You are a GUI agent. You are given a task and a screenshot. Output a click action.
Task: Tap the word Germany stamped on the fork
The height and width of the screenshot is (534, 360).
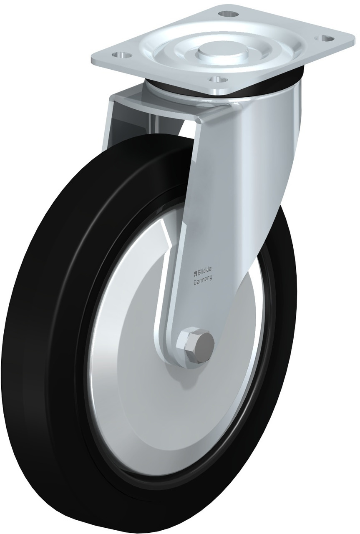tap(202, 281)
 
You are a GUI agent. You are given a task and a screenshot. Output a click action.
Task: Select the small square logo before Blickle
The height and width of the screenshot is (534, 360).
tap(194, 273)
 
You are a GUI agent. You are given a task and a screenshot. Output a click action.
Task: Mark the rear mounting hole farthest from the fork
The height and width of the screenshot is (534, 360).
tap(228, 14)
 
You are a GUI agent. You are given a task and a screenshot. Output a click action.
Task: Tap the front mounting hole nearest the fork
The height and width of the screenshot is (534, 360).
tap(215, 78)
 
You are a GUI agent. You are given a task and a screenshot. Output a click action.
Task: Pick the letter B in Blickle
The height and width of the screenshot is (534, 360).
tap(199, 273)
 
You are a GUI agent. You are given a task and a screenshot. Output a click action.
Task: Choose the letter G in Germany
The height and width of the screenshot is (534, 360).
tap(195, 282)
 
